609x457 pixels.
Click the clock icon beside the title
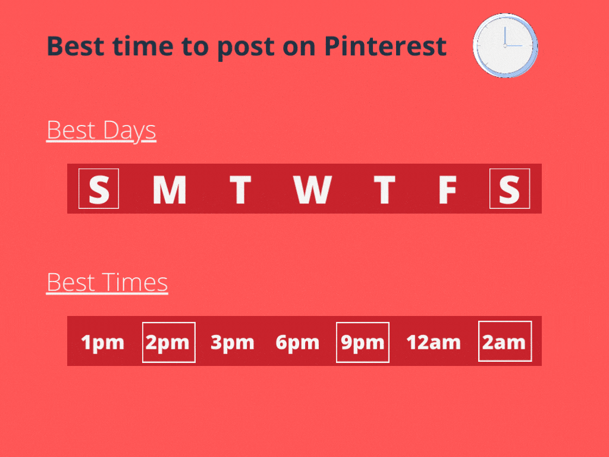click(506, 45)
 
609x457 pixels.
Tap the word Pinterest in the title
click(385, 46)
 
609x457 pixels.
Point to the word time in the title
click(143, 46)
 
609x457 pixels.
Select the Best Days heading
click(101, 130)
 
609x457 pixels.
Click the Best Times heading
click(107, 283)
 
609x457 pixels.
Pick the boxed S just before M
click(99, 189)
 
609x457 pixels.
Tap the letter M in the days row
click(169, 190)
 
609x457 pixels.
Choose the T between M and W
click(240, 190)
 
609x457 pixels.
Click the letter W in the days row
click(312, 190)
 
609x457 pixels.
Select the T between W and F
click(385, 190)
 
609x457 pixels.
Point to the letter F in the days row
click(447, 190)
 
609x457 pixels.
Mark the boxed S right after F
click(510, 189)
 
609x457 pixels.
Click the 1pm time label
click(102, 343)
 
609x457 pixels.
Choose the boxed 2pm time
click(169, 342)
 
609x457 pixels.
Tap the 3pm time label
click(233, 343)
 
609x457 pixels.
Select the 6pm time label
click(297, 343)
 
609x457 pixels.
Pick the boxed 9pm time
click(363, 342)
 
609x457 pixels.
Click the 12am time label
click(434, 343)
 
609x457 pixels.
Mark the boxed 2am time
click(505, 341)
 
